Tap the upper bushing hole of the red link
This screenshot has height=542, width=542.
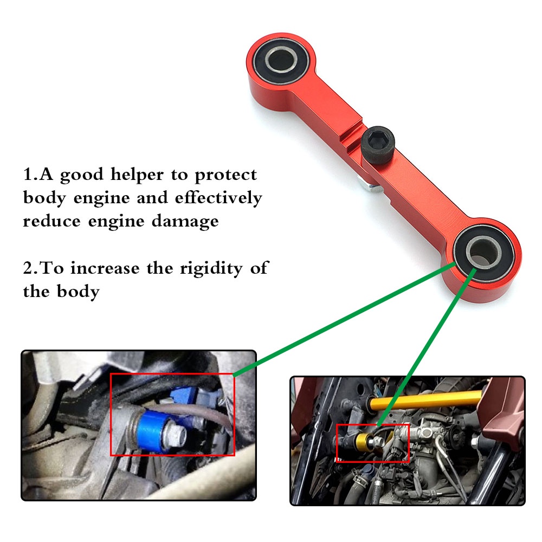[281, 59]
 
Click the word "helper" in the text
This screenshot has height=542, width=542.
[137, 175]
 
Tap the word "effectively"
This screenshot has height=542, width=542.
[218, 198]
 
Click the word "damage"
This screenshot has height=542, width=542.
[185, 222]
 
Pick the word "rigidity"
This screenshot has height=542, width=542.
[211, 269]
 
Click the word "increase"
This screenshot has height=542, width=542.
[105, 268]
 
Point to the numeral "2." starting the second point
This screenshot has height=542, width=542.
[30, 268]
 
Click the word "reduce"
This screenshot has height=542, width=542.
[51, 221]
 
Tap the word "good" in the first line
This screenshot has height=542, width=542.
[82, 176]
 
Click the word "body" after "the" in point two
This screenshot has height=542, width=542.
[79, 292]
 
